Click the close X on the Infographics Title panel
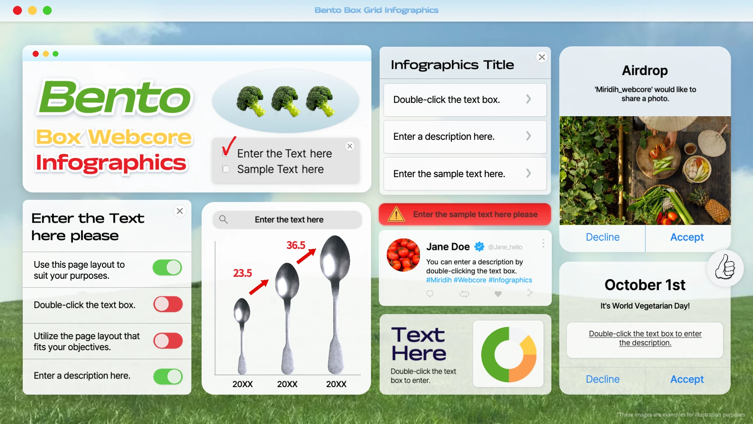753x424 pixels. tap(542, 57)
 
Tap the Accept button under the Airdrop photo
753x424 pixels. tap(687, 237)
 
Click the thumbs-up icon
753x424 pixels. tap(725, 268)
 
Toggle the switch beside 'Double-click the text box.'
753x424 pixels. tap(168, 304)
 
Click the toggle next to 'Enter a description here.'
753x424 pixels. tap(168, 376)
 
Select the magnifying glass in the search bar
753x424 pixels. tap(223, 219)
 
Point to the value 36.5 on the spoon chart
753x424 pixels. tap(296, 245)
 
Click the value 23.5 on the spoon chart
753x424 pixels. tap(242, 273)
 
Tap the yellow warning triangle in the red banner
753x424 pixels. tap(396, 214)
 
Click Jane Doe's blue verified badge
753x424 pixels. tap(479, 247)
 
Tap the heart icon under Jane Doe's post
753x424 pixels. tap(498, 294)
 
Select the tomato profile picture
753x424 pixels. tap(404, 255)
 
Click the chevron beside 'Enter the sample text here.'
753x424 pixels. tap(529, 173)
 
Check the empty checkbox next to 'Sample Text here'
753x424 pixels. tap(226, 169)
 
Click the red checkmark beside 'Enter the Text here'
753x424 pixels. tap(229, 146)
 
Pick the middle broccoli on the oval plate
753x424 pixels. tap(286, 101)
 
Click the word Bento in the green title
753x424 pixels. tap(115, 97)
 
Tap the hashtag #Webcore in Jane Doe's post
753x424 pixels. tap(470, 280)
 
